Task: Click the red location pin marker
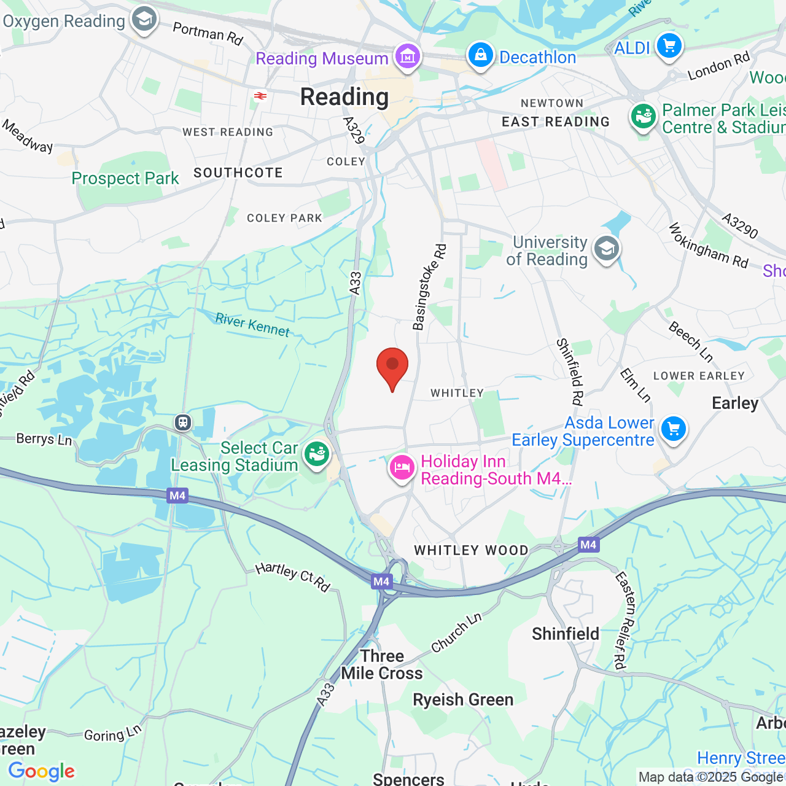392,367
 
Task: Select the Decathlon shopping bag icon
481,55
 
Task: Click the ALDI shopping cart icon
669,46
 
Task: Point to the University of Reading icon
607,249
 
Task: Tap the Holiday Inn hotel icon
402,468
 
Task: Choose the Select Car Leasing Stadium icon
317,454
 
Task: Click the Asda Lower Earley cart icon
674,429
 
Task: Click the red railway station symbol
260,96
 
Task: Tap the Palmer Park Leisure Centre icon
644,116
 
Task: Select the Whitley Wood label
471,550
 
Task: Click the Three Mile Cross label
382,664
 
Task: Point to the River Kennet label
252,324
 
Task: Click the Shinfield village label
566,634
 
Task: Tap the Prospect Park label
125,179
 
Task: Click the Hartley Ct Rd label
293,577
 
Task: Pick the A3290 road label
740,226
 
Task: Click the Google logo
42,771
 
